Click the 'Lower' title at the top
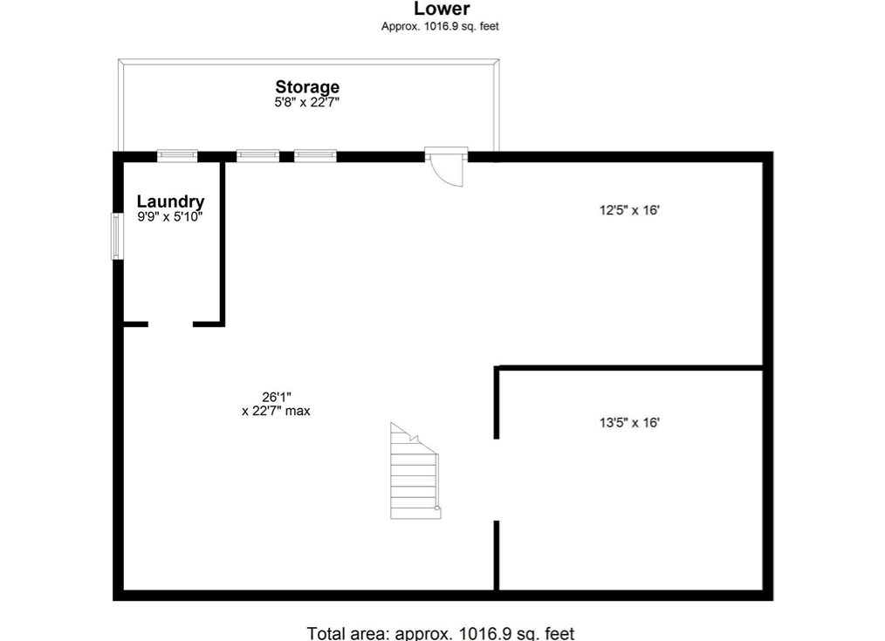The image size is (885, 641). [442, 10]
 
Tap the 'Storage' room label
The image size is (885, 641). [307, 87]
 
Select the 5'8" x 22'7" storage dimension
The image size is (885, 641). [307, 102]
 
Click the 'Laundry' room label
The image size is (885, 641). [170, 202]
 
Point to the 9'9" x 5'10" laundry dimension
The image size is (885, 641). [170, 217]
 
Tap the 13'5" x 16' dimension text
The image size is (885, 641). [628, 423]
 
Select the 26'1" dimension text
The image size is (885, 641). [276, 396]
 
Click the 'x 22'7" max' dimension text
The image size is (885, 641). [276, 411]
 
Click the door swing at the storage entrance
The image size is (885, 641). [448, 167]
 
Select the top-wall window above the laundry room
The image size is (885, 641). [177, 156]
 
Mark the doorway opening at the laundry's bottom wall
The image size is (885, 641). [170, 324]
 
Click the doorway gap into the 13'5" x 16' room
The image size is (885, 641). [497, 479]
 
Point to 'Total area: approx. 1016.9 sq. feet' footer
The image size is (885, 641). [441, 633]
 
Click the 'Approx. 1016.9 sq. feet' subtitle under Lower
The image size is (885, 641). [440, 26]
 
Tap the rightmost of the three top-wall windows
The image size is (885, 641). [315, 156]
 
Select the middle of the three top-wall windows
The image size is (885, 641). [258, 156]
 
